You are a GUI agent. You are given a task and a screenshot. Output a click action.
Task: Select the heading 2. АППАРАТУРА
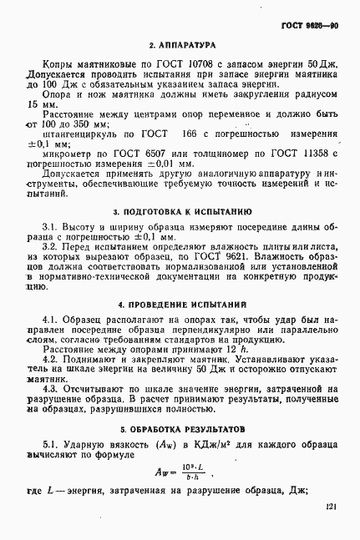[x=182, y=43]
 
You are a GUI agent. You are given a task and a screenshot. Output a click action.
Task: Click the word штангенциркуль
[x=81, y=133]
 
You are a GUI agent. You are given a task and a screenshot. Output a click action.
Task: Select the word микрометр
[x=68, y=154]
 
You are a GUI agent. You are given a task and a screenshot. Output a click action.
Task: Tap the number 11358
[x=328, y=154]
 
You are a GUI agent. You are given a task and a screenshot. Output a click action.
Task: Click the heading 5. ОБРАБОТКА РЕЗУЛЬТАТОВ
[x=182, y=429]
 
